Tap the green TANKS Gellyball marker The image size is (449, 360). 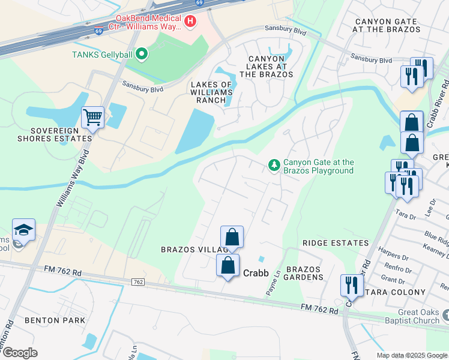(142, 55)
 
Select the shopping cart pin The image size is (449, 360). (92, 117)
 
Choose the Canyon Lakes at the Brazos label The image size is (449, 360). (267, 66)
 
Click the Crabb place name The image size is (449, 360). (255, 272)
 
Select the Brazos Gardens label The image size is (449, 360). (304, 273)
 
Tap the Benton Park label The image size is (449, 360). (51, 320)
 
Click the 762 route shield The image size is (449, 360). (137, 282)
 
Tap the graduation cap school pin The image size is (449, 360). (23, 230)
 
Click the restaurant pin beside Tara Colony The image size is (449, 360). (350, 286)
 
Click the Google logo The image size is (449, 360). (20, 353)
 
